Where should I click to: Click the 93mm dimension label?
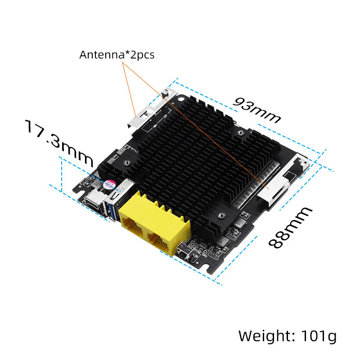[x=257, y=110]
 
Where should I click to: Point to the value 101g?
[x=317, y=336]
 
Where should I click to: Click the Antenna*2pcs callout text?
[x=117, y=55]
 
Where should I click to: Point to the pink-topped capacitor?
[x=109, y=184]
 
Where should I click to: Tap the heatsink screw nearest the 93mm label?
[x=242, y=133]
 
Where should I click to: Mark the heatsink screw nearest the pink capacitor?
[x=127, y=163]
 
